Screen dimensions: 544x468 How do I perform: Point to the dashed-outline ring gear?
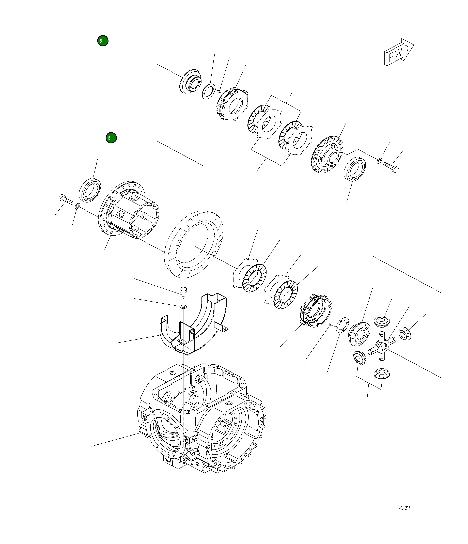click(194, 244)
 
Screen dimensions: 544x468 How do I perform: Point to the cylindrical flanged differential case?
click(129, 210)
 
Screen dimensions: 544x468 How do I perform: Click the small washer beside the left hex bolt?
click(77, 206)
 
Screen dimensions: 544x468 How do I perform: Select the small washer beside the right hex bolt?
click(379, 161)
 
